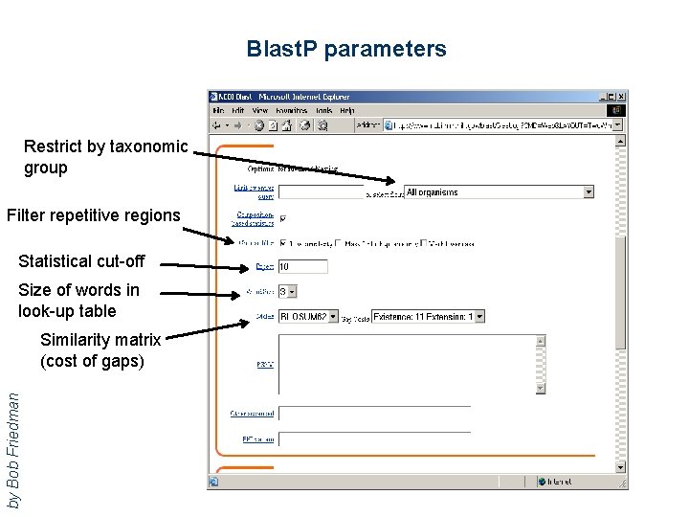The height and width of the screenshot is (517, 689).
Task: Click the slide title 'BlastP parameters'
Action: [345, 49]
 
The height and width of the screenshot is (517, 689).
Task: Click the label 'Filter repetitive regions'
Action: [93, 215]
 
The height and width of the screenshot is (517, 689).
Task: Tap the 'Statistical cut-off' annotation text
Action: [81, 261]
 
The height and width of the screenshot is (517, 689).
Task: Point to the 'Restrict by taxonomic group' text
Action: [105, 157]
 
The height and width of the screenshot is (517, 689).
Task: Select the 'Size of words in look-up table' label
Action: [78, 301]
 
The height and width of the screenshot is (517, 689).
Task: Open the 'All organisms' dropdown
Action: [499, 192]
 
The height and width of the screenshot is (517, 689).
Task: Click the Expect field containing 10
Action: [302, 267]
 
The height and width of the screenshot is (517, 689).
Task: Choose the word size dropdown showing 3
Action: [287, 291]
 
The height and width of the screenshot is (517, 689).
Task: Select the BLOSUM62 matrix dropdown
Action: [308, 316]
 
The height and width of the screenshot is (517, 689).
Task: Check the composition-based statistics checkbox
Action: [282, 218]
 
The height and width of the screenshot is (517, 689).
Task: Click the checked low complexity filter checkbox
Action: [282, 243]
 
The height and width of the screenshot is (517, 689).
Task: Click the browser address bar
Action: [498, 124]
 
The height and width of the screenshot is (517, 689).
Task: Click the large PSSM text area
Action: [411, 364]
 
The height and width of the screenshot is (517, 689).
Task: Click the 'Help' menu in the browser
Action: [346, 110]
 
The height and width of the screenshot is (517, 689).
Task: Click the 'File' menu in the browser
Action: [217, 110]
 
